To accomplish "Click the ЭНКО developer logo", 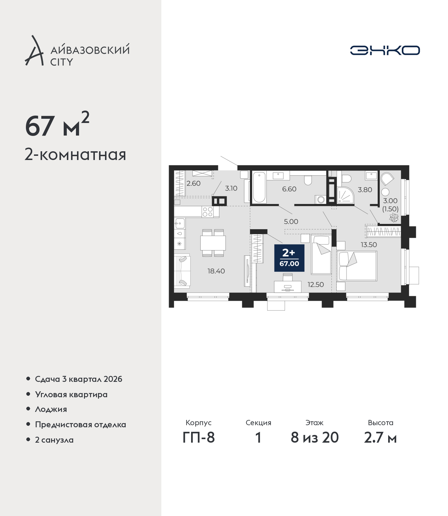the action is click(385, 50).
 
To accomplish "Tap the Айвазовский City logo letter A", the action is click(34, 51).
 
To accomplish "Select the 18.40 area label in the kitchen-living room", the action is click(216, 271).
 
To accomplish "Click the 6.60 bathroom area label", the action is click(289, 189).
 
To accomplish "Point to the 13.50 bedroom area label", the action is click(369, 245).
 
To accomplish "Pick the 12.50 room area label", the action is click(316, 284).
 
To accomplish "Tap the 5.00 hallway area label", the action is click(291, 221).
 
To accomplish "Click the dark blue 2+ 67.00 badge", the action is click(289, 258).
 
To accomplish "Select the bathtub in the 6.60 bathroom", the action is click(259, 187).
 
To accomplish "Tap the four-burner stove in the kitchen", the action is click(208, 212).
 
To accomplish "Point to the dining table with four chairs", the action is click(213, 243).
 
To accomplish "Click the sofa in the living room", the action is click(182, 271).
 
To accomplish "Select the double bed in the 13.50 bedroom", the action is click(357, 266).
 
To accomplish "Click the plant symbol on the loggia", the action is click(394, 218).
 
